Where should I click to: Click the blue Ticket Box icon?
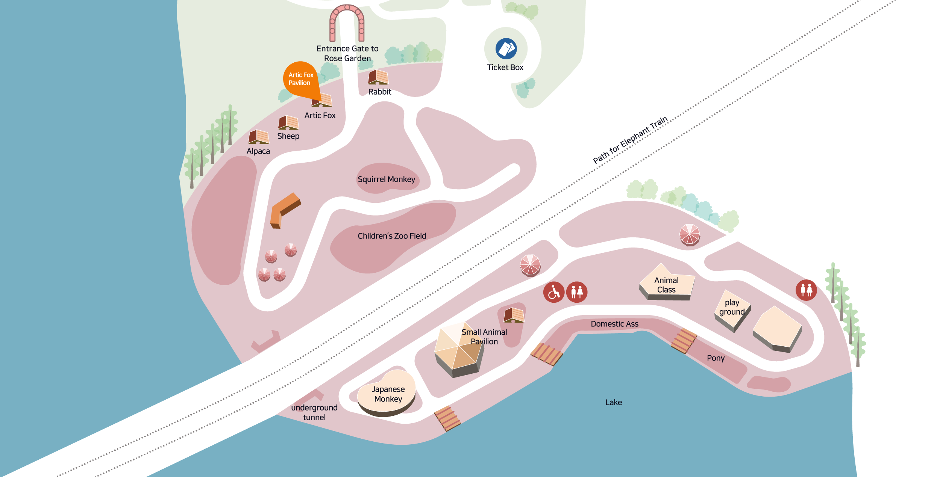tap(506, 48)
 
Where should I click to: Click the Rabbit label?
tap(380, 92)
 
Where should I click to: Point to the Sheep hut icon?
tap(288, 122)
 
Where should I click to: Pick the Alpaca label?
tap(258, 151)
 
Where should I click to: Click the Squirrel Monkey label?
tap(387, 180)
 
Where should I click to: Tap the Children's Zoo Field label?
tap(392, 236)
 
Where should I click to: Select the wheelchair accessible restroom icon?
tap(554, 292)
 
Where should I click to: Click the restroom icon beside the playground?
tap(806, 290)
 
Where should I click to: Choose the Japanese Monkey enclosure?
tap(387, 394)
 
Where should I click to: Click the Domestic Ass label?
tap(614, 324)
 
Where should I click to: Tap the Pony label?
tap(716, 358)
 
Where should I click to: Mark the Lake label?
tap(614, 402)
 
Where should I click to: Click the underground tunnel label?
tap(314, 412)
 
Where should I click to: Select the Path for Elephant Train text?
tap(630, 140)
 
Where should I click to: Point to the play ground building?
tap(732, 311)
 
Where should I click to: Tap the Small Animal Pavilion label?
tap(484, 337)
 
